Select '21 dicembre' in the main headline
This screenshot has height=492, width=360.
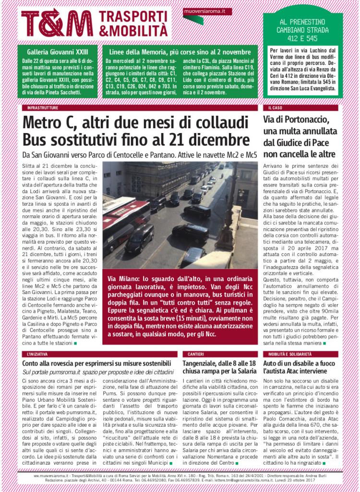[x=208, y=140]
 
